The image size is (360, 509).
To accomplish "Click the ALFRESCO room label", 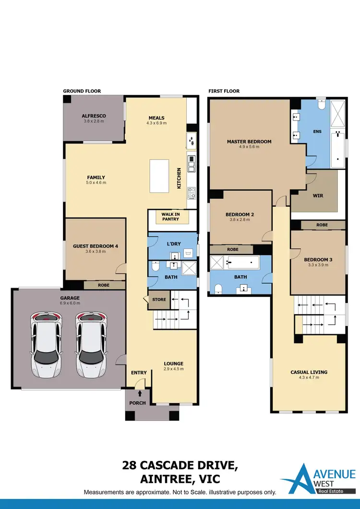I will click(94, 116).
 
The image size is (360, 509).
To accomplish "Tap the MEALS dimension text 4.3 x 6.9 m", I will click(156, 123).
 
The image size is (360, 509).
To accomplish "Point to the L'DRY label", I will click(174, 243).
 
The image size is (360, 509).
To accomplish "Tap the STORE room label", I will click(159, 300).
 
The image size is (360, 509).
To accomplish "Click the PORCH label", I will click(137, 403).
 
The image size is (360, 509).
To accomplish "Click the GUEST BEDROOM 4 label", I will click(96, 246).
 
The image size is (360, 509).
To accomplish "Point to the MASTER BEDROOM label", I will click(249, 142).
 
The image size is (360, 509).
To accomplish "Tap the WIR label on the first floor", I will click(317, 196).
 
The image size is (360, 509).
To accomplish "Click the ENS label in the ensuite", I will click(317, 132).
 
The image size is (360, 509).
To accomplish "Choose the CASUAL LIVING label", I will click(309, 372).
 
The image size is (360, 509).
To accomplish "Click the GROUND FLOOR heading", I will click(82, 91).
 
